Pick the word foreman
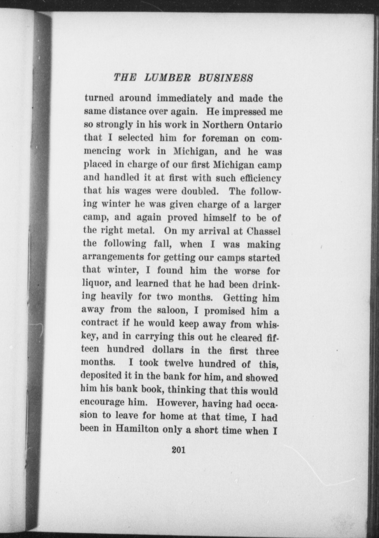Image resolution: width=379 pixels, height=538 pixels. (x=220, y=138)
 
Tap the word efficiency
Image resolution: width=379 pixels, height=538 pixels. (x=261, y=178)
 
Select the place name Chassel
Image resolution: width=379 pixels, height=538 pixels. (x=264, y=231)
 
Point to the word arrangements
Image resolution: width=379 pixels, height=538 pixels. (x=113, y=258)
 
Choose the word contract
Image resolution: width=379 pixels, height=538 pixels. (x=99, y=323)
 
